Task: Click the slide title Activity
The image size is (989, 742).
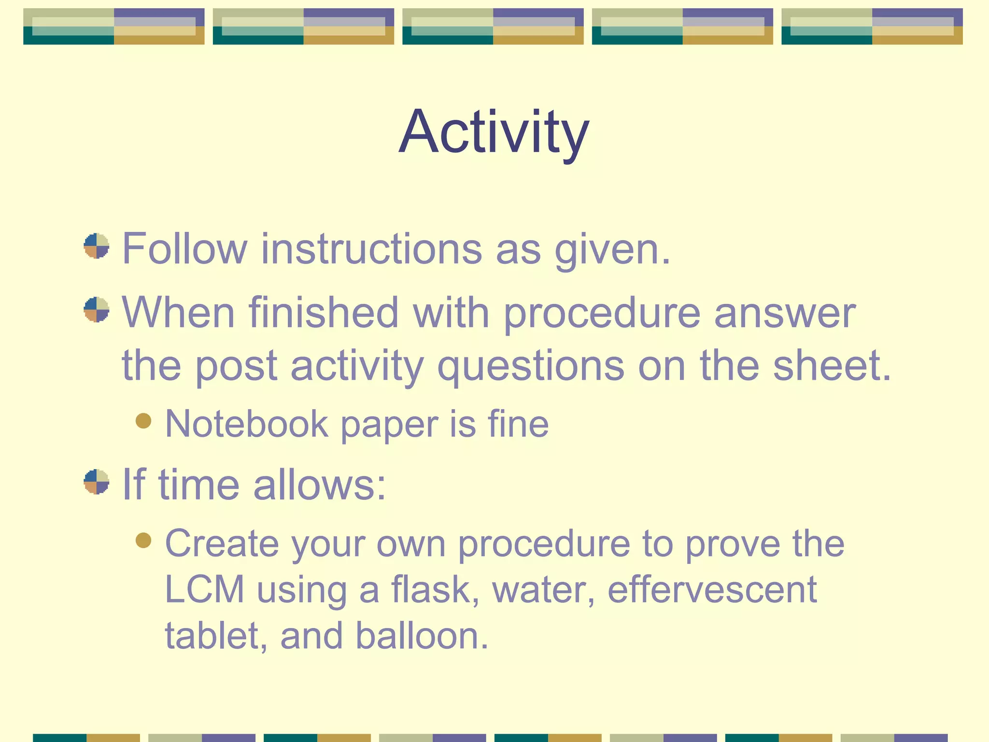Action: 494,132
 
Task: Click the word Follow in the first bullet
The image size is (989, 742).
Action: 184,249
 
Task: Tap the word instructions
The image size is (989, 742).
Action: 371,249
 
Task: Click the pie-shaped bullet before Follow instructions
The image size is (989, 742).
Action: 97,246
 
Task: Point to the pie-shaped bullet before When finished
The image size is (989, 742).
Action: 97,310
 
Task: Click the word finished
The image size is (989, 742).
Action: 324,313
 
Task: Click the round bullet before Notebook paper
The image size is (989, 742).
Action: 143,420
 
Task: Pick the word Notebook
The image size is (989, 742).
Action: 247,424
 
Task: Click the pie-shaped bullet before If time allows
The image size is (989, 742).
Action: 97,482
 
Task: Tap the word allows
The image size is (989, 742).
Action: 319,485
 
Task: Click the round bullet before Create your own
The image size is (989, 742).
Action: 143,540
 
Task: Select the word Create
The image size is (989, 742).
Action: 222,544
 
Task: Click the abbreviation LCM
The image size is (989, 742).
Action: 205,590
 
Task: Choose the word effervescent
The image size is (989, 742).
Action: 712,590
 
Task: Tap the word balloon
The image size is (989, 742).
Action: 422,636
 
